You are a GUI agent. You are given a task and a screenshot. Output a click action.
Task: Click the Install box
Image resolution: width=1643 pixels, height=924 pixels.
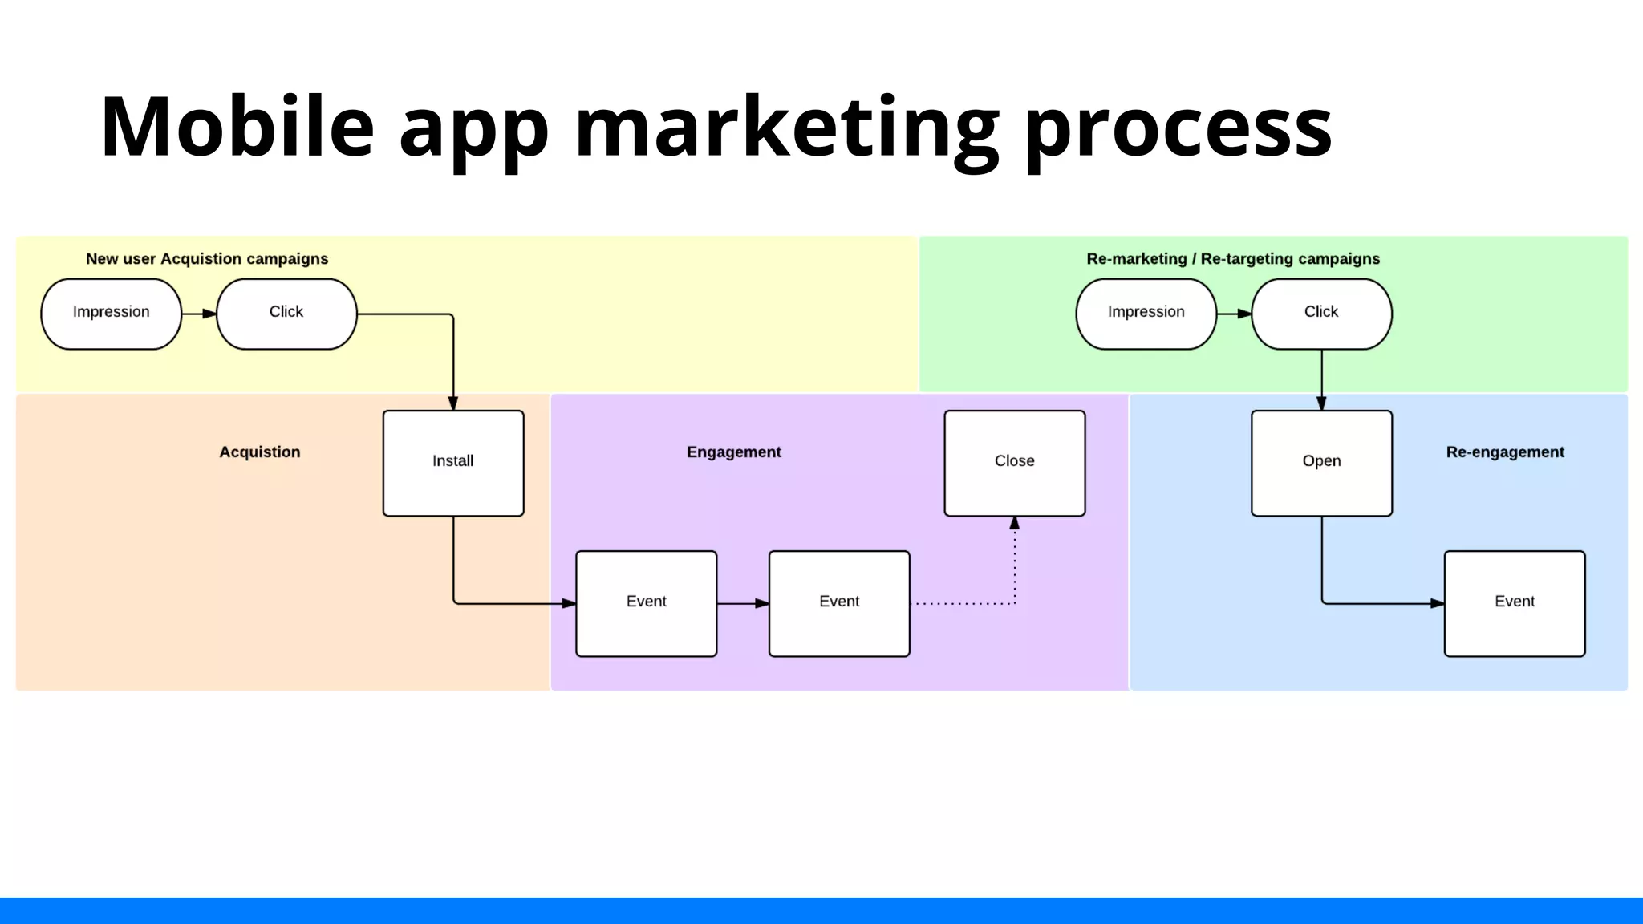click(x=453, y=463)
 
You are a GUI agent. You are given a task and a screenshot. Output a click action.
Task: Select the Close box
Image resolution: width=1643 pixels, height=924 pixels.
click(x=1015, y=463)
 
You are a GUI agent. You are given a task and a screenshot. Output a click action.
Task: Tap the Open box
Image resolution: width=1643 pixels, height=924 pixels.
click(x=1321, y=463)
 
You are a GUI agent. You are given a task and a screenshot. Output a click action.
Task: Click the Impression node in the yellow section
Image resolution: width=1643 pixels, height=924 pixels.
click(x=111, y=314)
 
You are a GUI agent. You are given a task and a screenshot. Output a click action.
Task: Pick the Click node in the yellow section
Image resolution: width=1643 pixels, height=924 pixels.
click(x=286, y=314)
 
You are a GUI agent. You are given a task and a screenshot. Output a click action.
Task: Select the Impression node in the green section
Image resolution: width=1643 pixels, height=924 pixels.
click(x=1146, y=314)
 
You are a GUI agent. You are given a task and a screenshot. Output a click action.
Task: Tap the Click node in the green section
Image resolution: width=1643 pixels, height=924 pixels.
click(x=1321, y=314)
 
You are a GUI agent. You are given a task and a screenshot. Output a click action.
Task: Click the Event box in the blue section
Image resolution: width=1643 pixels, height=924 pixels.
click(x=1515, y=603)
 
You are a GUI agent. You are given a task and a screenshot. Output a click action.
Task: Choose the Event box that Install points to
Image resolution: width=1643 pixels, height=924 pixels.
click(x=647, y=603)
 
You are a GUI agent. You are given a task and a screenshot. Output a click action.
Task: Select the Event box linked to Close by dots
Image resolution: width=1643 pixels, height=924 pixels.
click(x=839, y=603)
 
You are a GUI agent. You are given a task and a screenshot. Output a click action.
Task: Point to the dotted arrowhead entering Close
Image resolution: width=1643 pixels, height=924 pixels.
click(x=1015, y=523)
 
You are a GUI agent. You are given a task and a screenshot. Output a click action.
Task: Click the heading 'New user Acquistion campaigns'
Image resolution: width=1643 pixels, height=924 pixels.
click(x=207, y=259)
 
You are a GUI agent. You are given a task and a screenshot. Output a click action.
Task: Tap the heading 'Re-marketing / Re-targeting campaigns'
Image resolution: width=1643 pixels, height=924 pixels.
click(x=1233, y=259)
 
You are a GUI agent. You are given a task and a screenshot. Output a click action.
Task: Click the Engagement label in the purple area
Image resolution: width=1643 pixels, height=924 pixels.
click(x=733, y=452)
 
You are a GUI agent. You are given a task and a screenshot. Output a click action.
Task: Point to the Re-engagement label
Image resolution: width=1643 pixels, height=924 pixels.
click(x=1505, y=452)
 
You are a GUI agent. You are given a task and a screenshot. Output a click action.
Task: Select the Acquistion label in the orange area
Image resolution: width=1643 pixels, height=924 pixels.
click(x=260, y=452)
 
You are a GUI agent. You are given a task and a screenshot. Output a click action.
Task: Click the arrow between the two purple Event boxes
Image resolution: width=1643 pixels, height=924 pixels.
click(x=743, y=603)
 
